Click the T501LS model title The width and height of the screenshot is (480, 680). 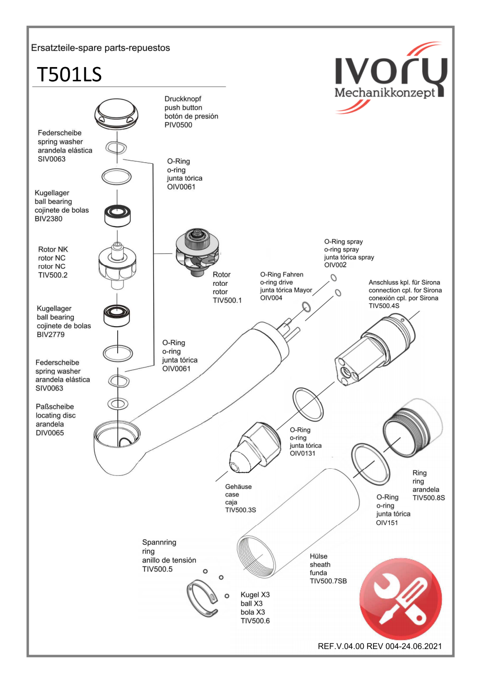click(x=69, y=74)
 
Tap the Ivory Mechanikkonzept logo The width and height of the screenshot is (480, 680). click(x=391, y=77)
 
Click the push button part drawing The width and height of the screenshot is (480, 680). click(x=116, y=114)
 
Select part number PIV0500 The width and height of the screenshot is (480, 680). click(x=178, y=125)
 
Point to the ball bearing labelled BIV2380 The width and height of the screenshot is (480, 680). click(x=117, y=215)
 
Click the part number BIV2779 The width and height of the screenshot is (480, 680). click(x=51, y=335)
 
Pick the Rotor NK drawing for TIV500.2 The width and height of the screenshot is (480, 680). click(x=117, y=266)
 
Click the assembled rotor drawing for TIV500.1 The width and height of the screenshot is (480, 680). click(x=197, y=252)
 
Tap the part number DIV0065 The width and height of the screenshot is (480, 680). click(x=50, y=433)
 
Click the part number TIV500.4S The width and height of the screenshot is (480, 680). click(x=384, y=306)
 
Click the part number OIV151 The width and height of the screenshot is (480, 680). click(x=387, y=523)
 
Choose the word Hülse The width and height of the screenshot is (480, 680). click(x=318, y=556)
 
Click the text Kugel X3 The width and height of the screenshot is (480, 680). click(x=255, y=595)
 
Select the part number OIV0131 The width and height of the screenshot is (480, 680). click(x=302, y=453)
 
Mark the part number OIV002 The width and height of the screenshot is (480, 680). click(x=335, y=265)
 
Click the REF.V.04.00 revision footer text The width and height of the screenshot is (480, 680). click(x=380, y=646)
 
